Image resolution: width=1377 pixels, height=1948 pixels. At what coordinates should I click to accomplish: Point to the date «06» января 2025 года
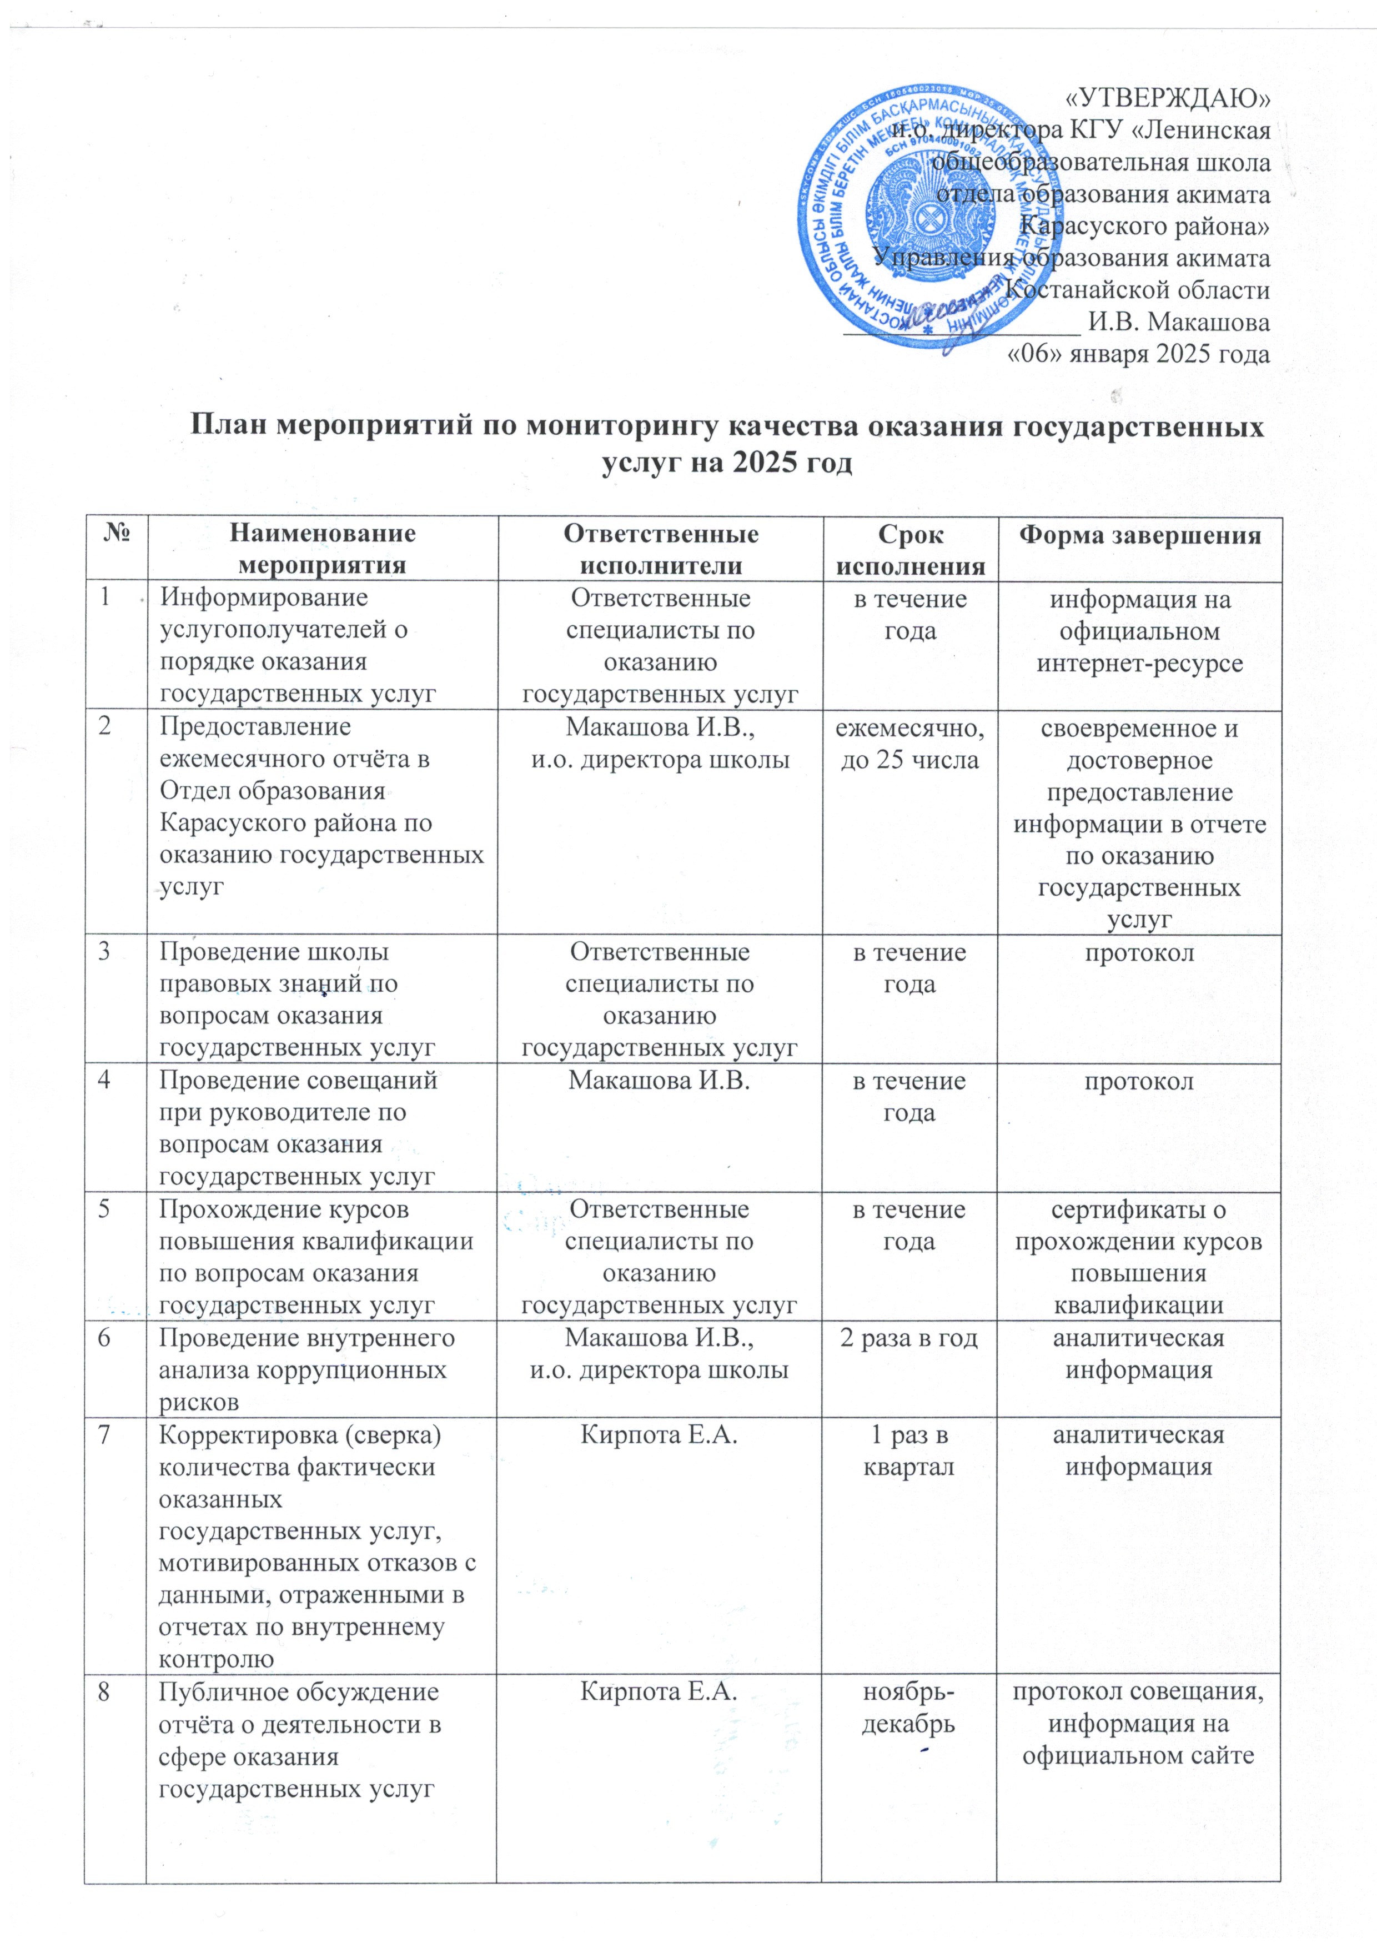coord(1137,354)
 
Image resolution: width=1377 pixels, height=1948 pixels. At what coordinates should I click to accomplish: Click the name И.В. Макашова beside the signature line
coord(1179,323)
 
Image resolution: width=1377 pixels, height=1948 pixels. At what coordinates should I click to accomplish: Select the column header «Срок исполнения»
coord(909,550)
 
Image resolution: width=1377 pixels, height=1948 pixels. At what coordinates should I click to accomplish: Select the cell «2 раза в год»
coord(909,1338)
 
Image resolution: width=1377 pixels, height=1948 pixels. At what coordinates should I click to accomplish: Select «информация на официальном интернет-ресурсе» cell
coord(1139,631)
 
